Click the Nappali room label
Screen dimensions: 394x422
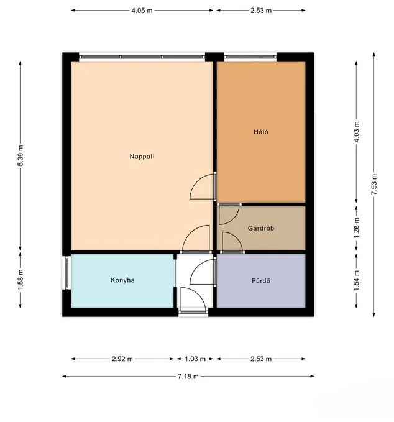(x=142, y=157)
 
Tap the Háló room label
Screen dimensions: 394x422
(x=261, y=132)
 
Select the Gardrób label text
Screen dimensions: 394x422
(x=261, y=228)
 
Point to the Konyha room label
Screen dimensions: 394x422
(x=122, y=280)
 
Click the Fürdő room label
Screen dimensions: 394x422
(x=261, y=281)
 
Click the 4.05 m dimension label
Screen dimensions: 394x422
(x=142, y=11)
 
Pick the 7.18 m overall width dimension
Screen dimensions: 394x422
(x=188, y=376)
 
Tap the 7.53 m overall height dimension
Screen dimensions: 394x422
(x=374, y=185)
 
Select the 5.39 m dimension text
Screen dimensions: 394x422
(x=21, y=155)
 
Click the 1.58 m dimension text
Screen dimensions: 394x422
(x=21, y=280)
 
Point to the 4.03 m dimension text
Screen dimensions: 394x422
(x=356, y=132)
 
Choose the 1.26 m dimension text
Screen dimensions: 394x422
(x=356, y=227)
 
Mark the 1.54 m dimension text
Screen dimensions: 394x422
(x=356, y=280)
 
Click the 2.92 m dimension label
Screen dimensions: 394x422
(x=122, y=359)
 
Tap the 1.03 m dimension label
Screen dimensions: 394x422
(x=195, y=359)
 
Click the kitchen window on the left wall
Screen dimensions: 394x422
(x=66, y=273)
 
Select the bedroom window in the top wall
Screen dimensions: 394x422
(x=250, y=57)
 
